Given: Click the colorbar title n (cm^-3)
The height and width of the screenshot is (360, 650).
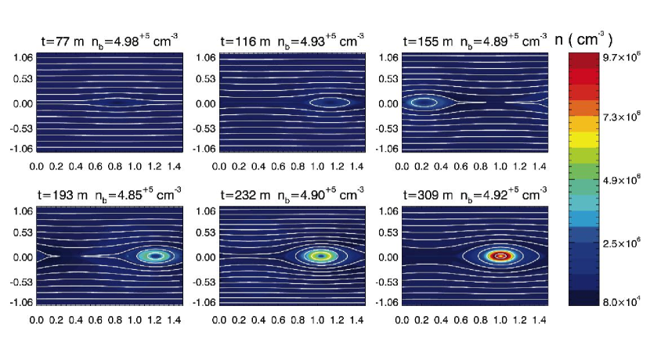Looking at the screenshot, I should [590, 38].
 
